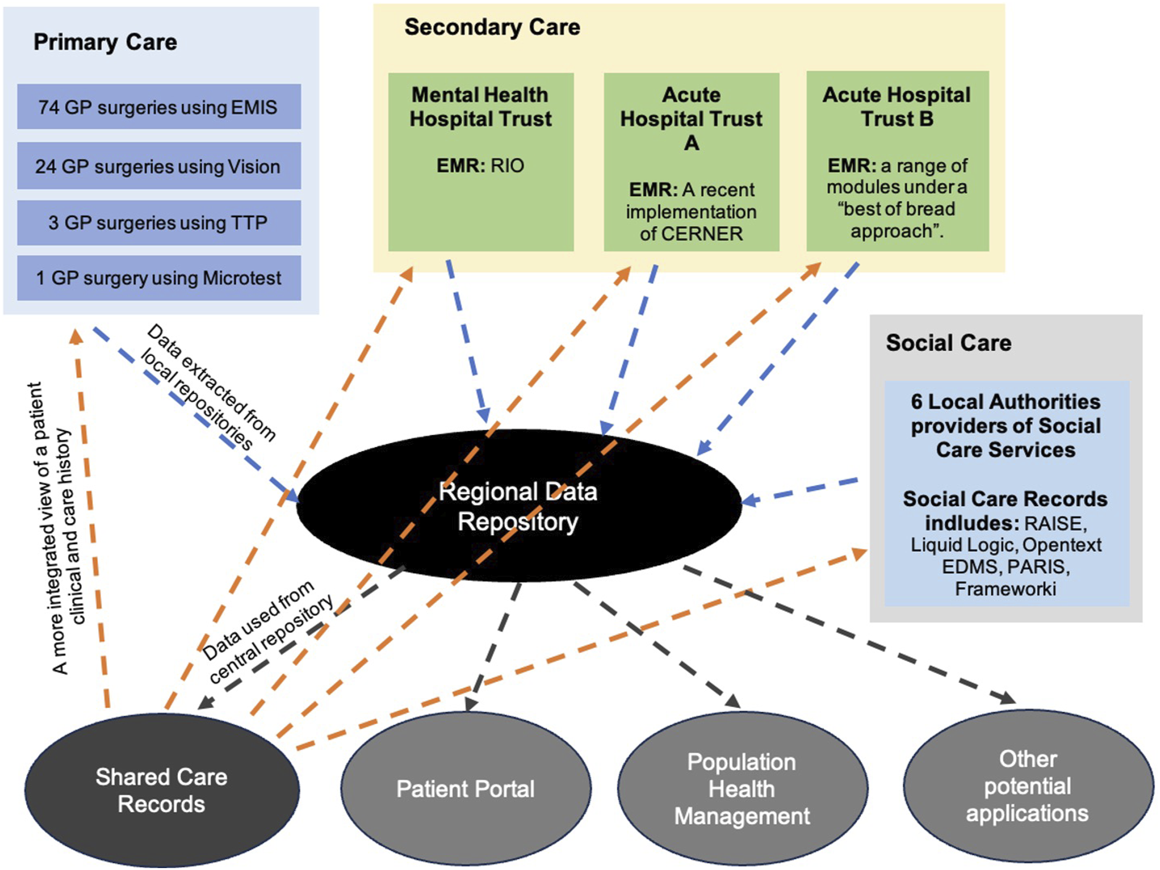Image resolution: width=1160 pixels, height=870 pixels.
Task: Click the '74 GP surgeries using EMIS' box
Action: (159, 106)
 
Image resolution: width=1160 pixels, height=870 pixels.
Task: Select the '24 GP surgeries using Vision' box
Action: (159, 166)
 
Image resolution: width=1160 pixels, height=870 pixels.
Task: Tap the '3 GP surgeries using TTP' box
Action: (159, 222)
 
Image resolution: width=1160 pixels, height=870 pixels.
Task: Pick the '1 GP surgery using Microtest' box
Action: (159, 278)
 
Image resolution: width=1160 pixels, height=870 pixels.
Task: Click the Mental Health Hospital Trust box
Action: (481, 162)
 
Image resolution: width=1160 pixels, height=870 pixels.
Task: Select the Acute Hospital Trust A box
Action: (692, 162)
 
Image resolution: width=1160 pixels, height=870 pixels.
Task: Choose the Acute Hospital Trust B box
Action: (898, 161)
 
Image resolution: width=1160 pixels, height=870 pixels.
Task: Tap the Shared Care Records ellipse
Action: (162, 789)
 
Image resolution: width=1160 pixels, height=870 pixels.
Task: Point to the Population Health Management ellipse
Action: (742, 788)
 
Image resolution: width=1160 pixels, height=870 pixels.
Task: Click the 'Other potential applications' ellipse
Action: (1029, 786)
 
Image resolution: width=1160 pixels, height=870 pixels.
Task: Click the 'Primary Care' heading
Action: (106, 42)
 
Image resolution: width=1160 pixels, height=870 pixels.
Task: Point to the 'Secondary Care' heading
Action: (493, 27)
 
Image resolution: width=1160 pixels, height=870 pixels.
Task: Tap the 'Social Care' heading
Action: (948, 343)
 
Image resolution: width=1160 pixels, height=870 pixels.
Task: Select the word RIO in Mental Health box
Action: (507, 166)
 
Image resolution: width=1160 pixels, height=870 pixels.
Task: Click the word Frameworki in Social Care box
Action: (1005, 589)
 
